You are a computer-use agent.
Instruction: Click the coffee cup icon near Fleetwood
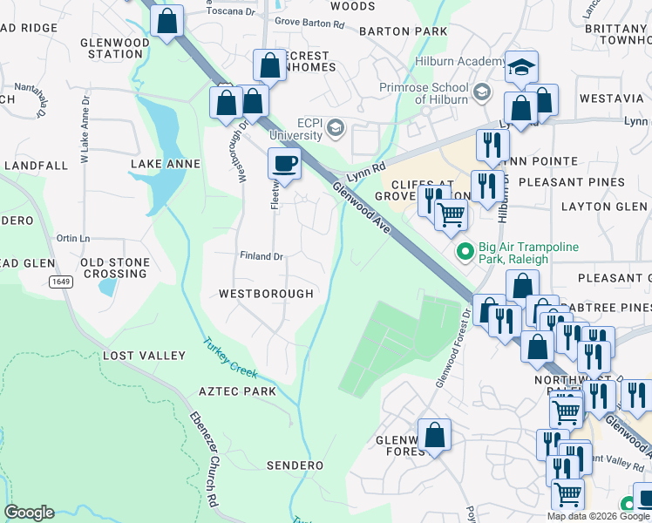pyautogui.click(x=284, y=162)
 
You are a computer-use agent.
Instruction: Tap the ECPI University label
pyautogui.click(x=296, y=129)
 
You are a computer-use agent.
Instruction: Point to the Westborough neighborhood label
pyautogui.click(x=266, y=294)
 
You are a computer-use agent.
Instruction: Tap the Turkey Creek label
pyautogui.click(x=231, y=358)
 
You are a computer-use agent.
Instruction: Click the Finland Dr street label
pyautogui.click(x=262, y=256)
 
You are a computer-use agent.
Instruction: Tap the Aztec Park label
pyautogui.click(x=237, y=391)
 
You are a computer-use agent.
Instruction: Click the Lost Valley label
pyautogui.click(x=145, y=356)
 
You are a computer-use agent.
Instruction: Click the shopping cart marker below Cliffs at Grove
pyautogui.click(x=450, y=213)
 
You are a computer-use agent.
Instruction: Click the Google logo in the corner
pyautogui.click(x=29, y=513)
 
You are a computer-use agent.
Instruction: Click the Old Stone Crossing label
pyautogui.click(x=113, y=268)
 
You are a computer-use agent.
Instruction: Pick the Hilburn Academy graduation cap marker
pyautogui.click(x=521, y=67)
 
